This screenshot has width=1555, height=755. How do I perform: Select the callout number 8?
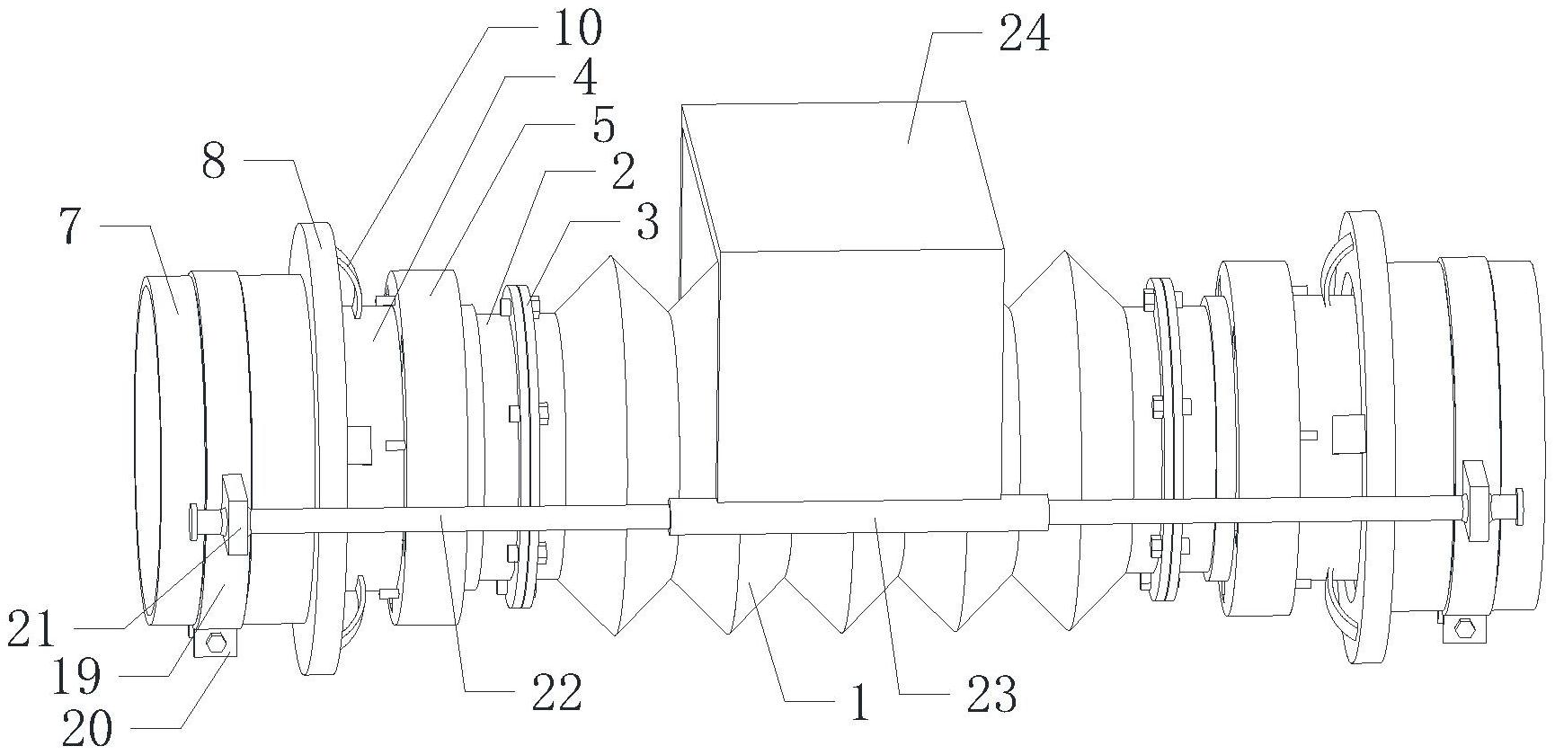tap(214, 162)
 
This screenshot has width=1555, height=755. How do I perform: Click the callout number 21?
tap(31, 632)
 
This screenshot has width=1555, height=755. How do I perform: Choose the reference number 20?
tap(87, 726)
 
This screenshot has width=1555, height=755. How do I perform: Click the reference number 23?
tap(991, 694)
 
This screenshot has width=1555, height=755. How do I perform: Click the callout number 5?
tap(603, 124)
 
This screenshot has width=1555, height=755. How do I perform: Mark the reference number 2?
tap(622, 172)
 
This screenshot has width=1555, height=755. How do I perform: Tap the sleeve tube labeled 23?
tap(860, 515)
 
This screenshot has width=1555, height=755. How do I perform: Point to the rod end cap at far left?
tap(194, 520)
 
